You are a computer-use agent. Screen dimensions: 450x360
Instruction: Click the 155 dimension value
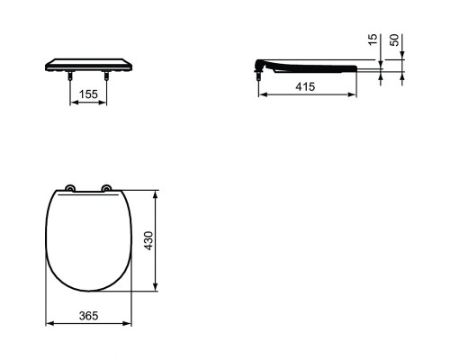(x=88, y=94)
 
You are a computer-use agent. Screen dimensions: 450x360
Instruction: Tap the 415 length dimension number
(x=305, y=86)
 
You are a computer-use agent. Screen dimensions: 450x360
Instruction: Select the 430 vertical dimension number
(x=148, y=240)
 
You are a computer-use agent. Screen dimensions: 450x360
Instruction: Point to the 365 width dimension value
(x=88, y=316)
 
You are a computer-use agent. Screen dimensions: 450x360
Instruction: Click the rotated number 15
(x=373, y=40)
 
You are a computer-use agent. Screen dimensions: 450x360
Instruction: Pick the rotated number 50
(x=394, y=40)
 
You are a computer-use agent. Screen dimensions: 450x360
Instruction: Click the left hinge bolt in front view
(x=70, y=76)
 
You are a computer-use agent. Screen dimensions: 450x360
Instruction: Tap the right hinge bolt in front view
(x=106, y=76)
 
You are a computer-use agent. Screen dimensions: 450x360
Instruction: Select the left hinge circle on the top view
(x=70, y=188)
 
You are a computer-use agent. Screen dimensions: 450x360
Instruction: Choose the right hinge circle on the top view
(x=106, y=188)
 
